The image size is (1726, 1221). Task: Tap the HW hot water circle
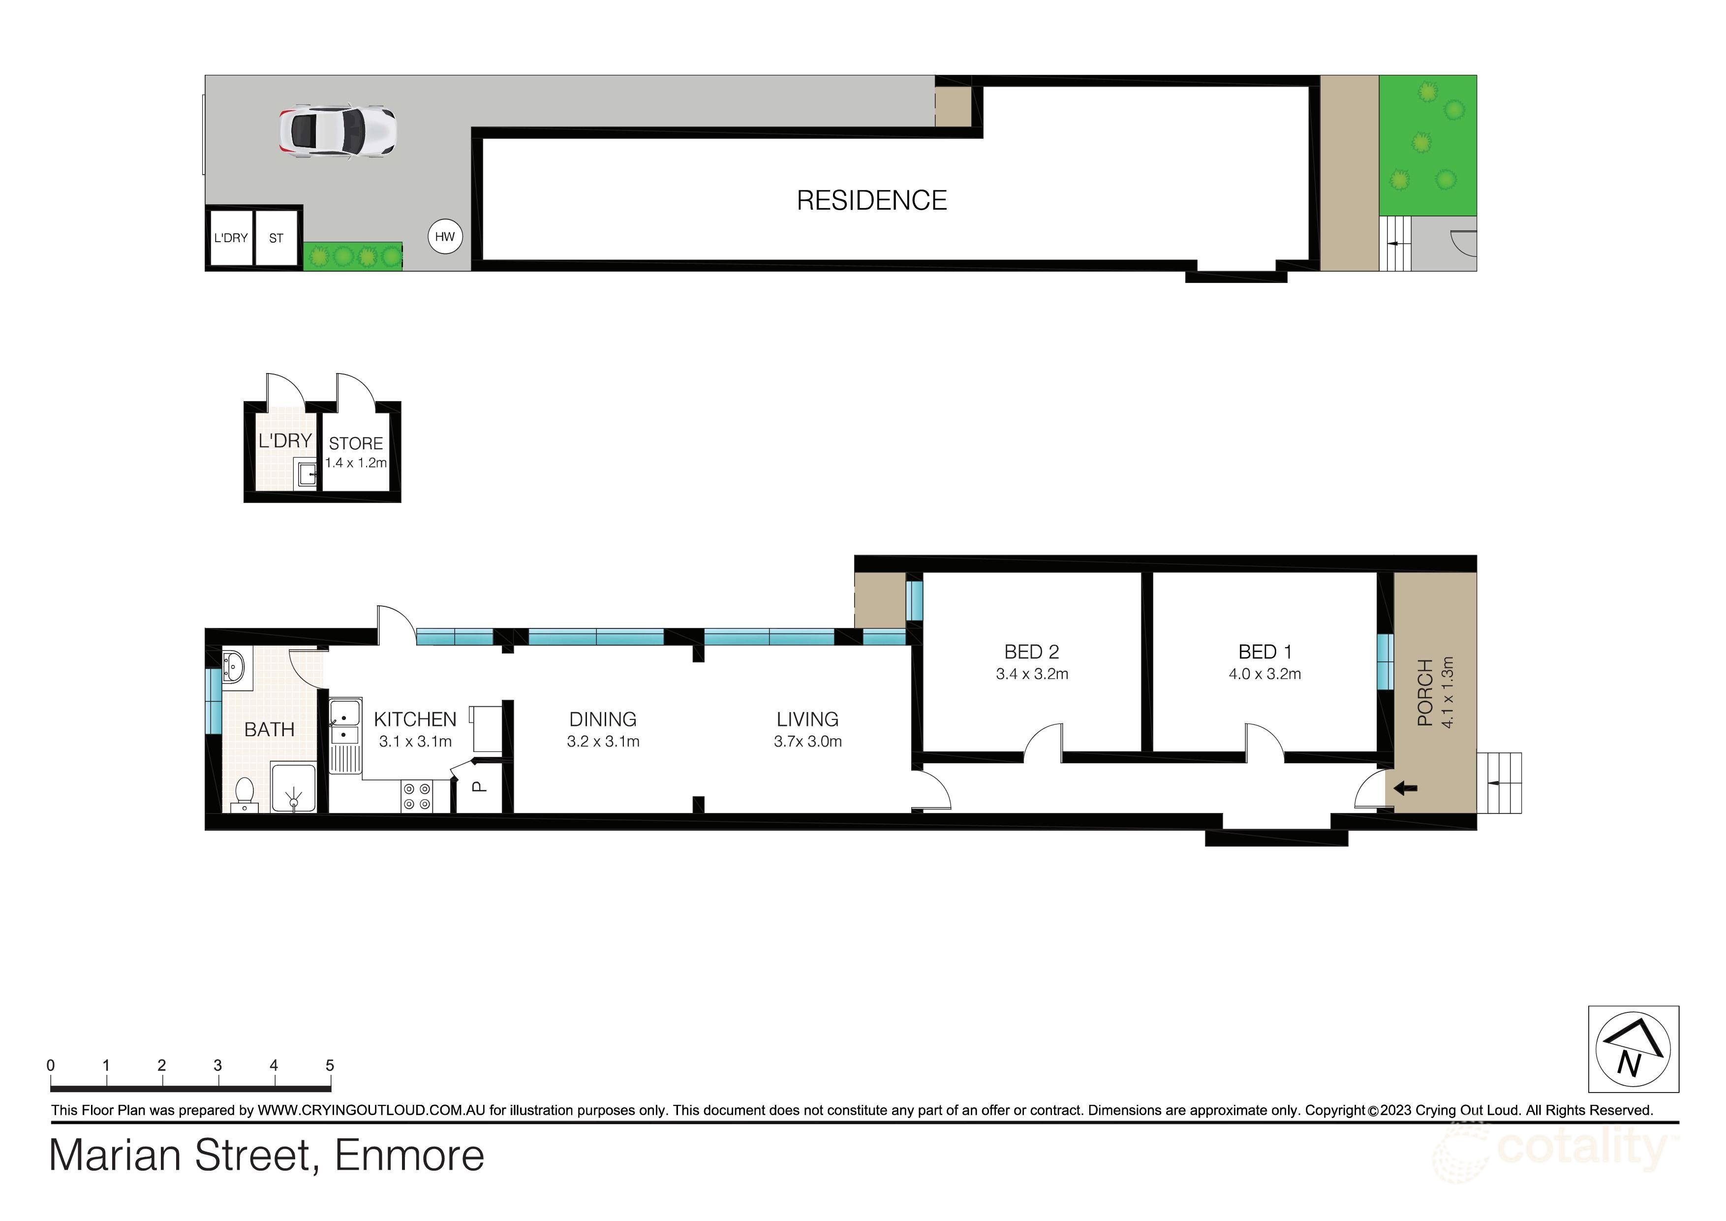(445, 237)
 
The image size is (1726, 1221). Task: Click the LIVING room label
(807, 720)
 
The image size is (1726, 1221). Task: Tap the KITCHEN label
(415, 720)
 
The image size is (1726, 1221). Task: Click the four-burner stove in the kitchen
(417, 796)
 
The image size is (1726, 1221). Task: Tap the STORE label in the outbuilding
(356, 443)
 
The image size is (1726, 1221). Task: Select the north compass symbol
(1633, 1049)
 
